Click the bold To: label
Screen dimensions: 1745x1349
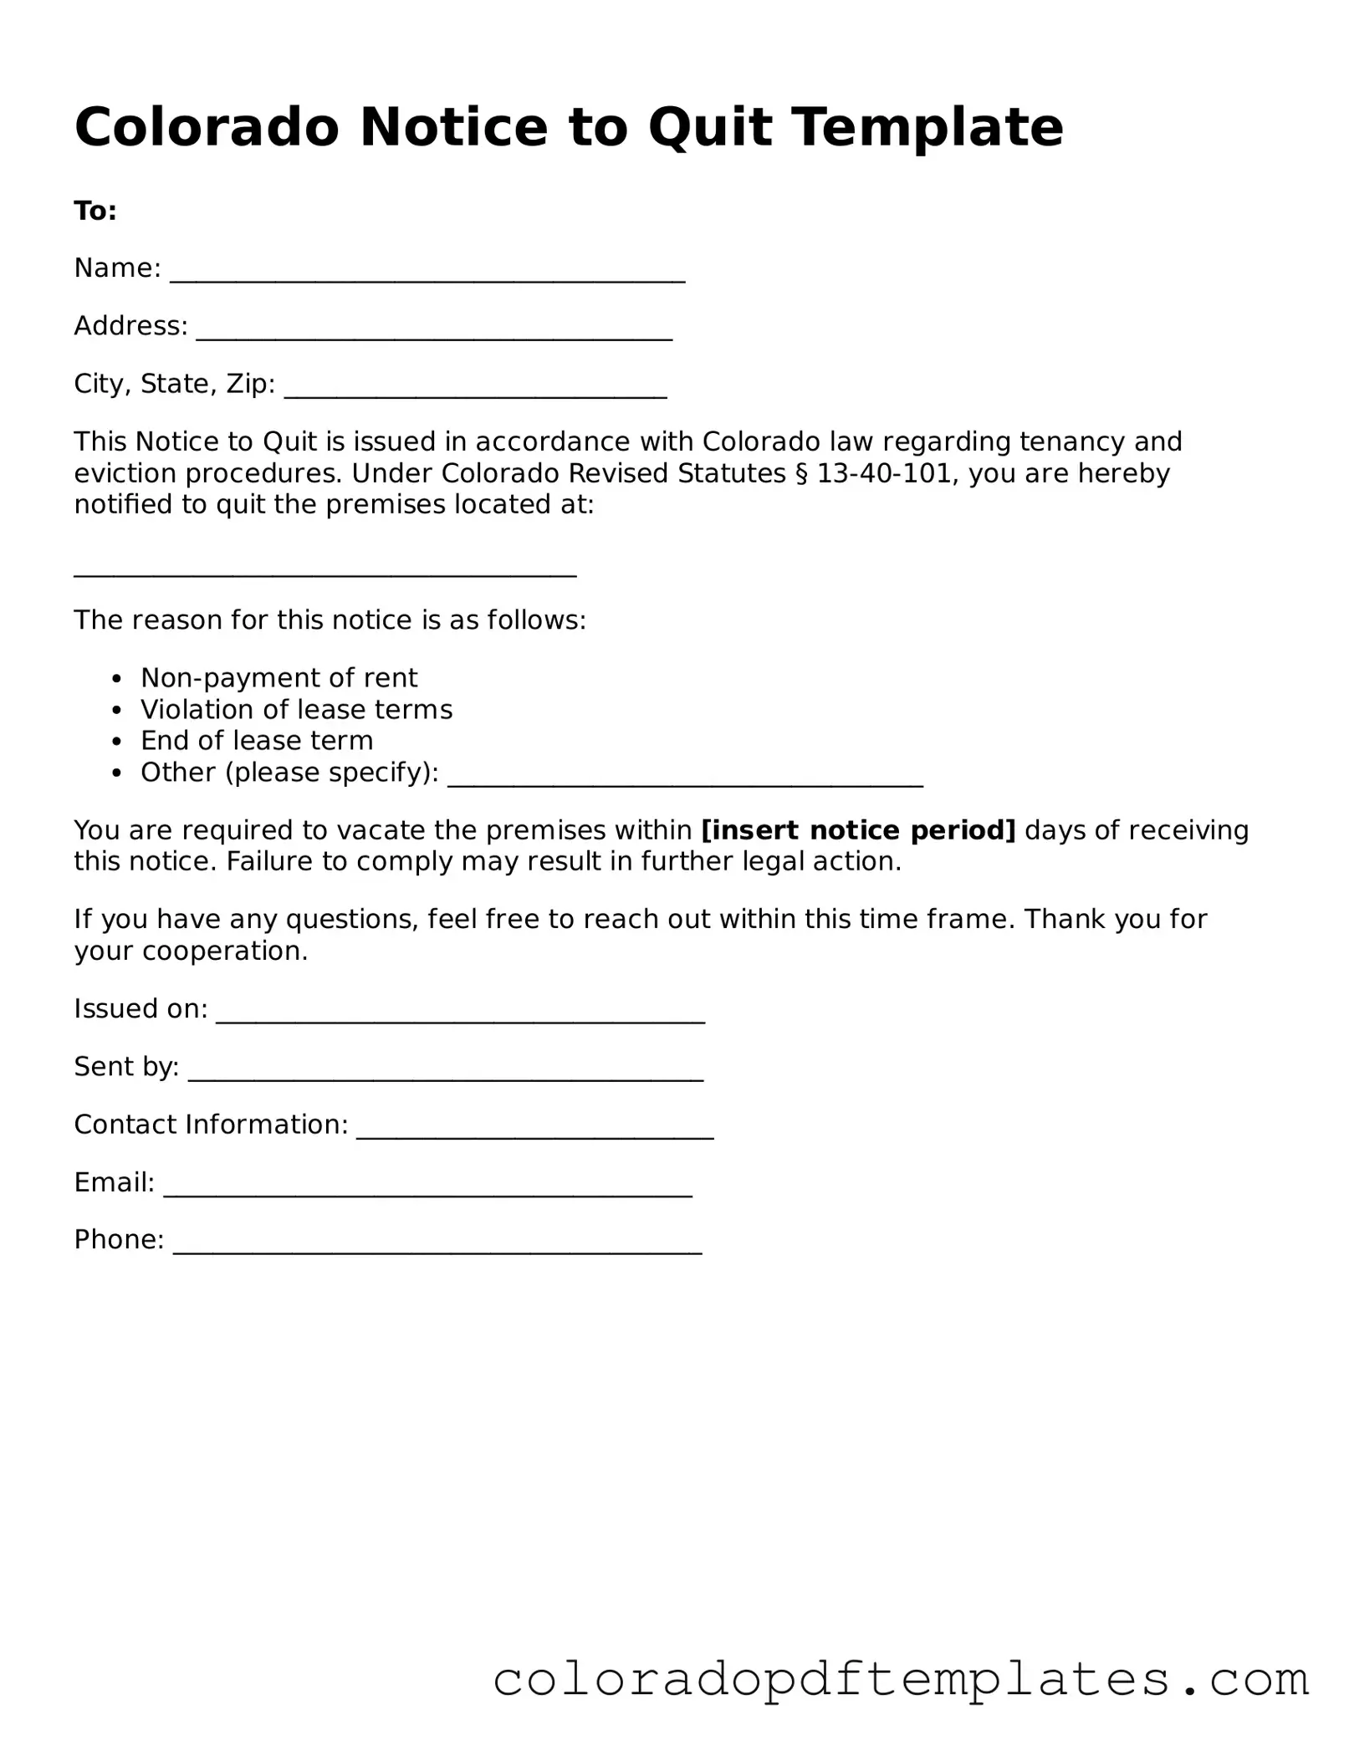click(x=95, y=211)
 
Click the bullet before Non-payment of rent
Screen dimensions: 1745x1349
click(x=117, y=678)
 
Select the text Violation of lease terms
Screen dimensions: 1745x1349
click(x=296, y=709)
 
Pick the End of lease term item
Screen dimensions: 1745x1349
click(x=257, y=741)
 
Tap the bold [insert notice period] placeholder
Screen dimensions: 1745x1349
click(x=858, y=830)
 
